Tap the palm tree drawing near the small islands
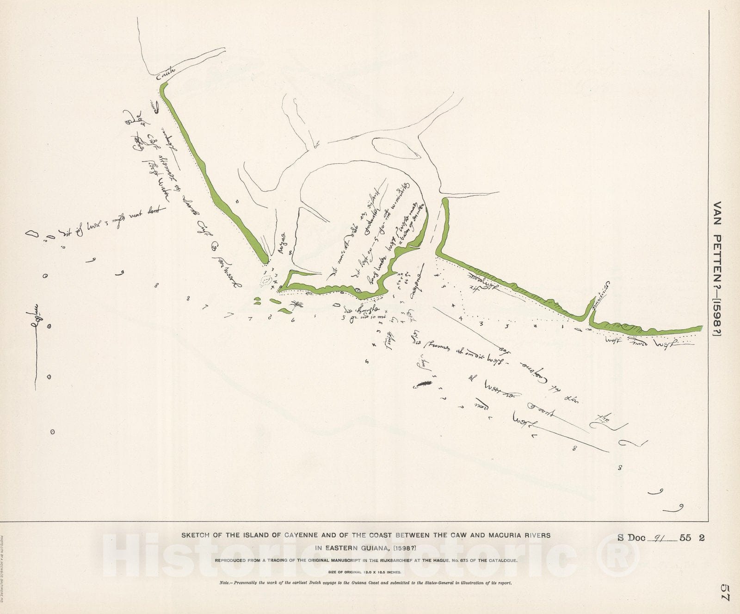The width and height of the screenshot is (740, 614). coord(296,304)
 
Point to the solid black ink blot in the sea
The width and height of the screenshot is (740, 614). coord(424,383)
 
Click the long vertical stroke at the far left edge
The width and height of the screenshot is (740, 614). coord(36,342)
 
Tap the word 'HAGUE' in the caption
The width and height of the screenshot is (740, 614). coord(474,561)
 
